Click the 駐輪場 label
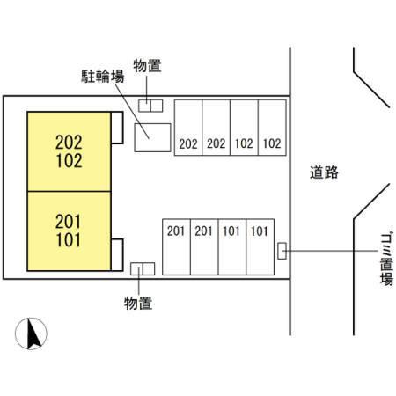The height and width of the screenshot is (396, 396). point(103,77)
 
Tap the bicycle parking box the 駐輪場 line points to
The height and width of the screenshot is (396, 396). point(152,137)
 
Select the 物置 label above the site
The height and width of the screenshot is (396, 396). point(147,65)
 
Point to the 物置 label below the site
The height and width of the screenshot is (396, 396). point(138,303)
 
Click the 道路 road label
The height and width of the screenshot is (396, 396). point(324,172)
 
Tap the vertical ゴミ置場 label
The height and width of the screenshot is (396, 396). point(386,260)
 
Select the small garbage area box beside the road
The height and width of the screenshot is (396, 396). point(282,251)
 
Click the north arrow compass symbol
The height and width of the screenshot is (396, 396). point(31,334)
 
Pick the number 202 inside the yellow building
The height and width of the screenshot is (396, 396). point(69,143)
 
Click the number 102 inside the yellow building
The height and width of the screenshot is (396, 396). point(69,161)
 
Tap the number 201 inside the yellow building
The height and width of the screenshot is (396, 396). point(68,222)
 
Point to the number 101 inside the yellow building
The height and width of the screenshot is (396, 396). point(68,240)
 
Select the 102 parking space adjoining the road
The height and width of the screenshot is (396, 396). point(272,128)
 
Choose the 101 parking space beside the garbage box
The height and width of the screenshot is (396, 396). point(260,246)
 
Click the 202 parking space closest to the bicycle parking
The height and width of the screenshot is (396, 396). point(188,128)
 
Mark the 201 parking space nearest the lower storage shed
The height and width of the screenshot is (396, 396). point(176,246)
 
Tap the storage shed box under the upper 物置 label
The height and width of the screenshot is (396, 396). point(150,106)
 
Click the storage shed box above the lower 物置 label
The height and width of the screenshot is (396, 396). point(143,268)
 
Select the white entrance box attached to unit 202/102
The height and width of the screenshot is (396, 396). point(117,128)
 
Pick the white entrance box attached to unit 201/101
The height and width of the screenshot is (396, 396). point(117,255)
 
